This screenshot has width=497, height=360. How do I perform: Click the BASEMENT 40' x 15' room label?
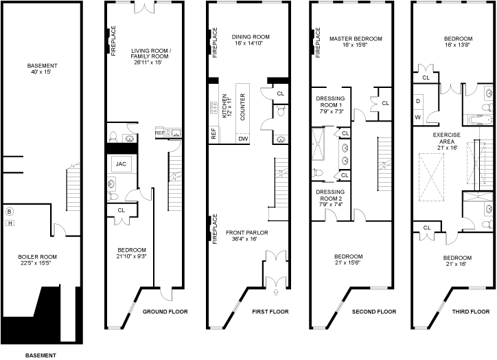tap(43, 69)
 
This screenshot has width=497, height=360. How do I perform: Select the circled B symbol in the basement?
tap(10, 212)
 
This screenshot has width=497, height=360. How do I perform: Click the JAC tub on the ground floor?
tap(122, 164)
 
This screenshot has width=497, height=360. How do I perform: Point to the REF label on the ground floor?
tap(159, 132)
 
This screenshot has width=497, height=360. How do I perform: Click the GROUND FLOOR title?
tap(165, 312)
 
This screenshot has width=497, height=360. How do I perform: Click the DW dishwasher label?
tap(242, 139)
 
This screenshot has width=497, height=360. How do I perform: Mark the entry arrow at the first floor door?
tap(277, 292)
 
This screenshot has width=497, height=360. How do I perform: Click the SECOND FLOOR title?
tap(374, 312)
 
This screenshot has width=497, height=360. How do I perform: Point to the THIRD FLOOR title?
tap(471, 312)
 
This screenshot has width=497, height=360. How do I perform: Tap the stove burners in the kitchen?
tap(214, 106)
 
